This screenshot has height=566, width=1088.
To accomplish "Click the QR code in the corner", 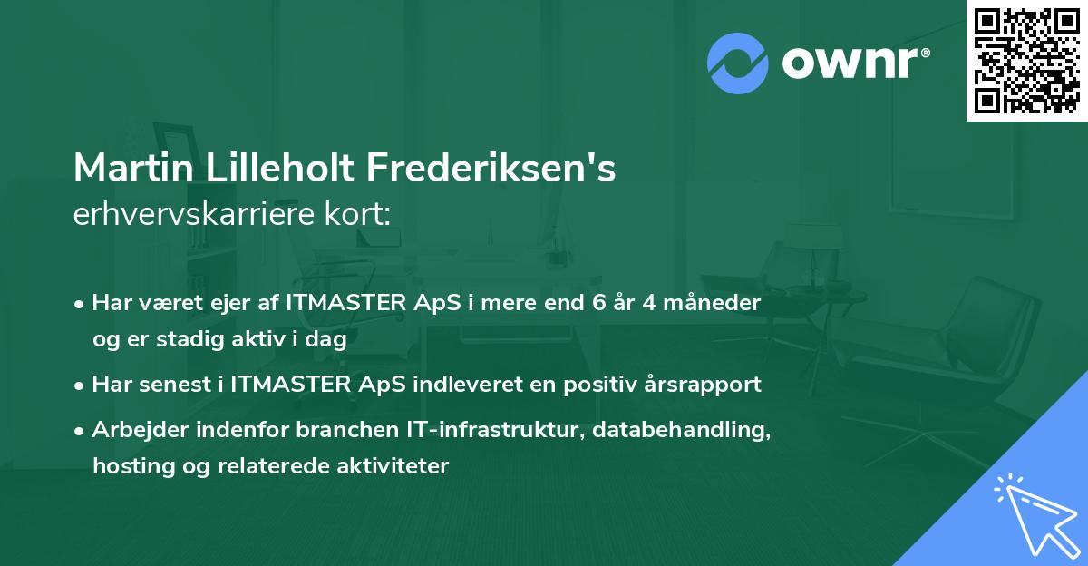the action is [1027, 61].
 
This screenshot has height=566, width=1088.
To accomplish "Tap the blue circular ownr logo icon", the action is [737, 63].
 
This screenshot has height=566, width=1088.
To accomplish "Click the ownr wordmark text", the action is [856, 63].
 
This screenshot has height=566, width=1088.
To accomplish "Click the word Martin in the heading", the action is [133, 168].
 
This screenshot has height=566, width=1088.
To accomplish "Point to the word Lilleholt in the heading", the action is [279, 168].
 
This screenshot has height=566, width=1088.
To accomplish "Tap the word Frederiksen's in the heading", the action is [491, 168].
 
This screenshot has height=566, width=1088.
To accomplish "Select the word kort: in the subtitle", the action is [358, 214].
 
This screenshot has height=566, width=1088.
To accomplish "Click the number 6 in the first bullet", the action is [599, 303].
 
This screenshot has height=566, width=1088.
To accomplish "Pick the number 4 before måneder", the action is [649, 303].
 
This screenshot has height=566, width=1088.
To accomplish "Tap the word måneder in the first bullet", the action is [712, 303].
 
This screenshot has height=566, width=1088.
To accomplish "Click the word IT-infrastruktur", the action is [495, 429].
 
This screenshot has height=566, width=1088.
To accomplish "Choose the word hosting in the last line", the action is [133, 466].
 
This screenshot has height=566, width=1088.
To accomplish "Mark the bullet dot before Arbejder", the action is [79, 431].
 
